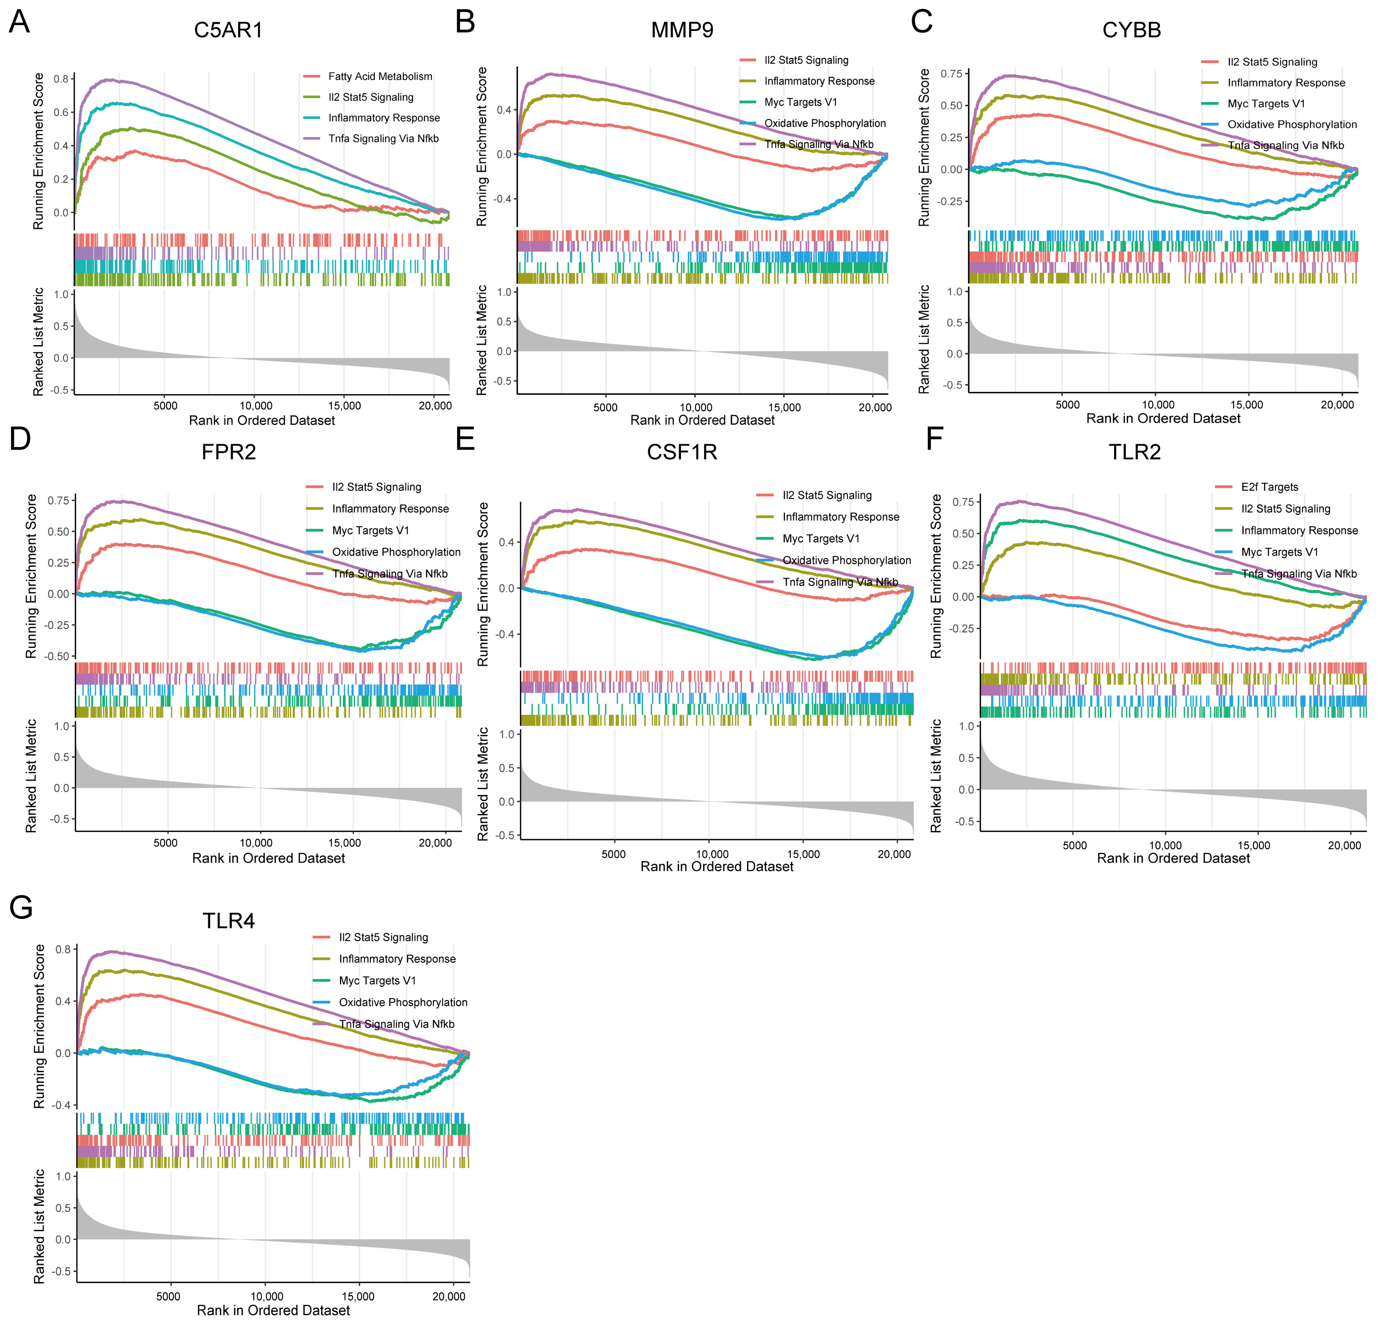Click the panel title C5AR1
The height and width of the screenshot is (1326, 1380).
click(x=228, y=30)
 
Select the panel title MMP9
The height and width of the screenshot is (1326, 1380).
click(x=682, y=30)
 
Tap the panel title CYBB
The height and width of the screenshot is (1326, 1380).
click(x=1131, y=30)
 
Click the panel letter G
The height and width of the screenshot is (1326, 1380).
click(x=21, y=907)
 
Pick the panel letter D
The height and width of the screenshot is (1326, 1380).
click(x=20, y=438)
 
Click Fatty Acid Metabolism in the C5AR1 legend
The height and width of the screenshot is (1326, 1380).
click(x=380, y=76)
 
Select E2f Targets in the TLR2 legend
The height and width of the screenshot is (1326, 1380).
click(x=1270, y=487)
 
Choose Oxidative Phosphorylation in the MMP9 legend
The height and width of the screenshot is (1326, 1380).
click(x=825, y=123)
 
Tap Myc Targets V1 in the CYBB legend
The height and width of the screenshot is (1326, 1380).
click(x=1266, y=104)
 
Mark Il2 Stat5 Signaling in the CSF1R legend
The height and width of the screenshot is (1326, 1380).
click(x=827, y=495)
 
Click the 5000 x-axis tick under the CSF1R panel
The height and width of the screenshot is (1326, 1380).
click(x=613, y=854)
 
